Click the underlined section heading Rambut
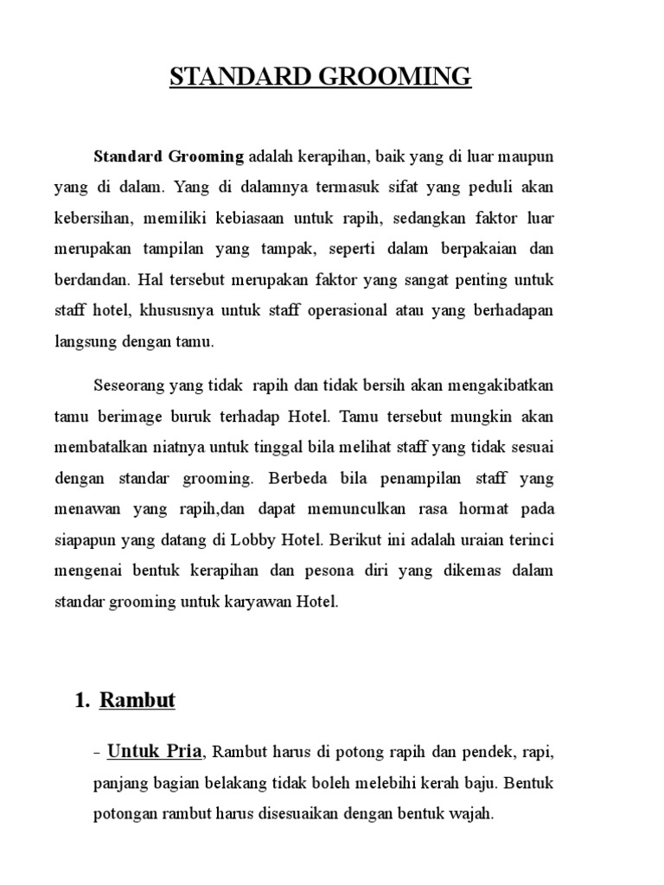pos(137,700)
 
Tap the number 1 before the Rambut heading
pos(81,700)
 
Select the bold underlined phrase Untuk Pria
pos(155,752)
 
